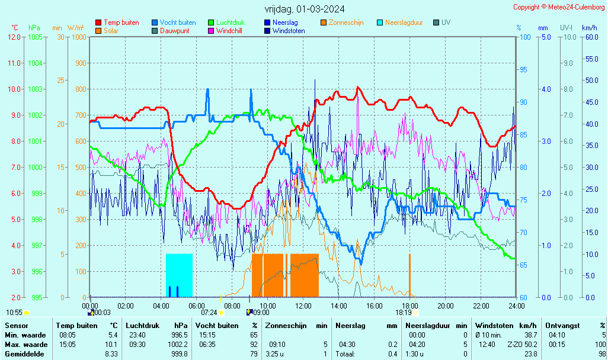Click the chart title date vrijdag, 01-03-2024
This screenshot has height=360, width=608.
click(305, 9)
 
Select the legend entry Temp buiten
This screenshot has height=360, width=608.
click(121, 22)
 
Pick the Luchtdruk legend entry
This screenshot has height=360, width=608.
click(226, 22)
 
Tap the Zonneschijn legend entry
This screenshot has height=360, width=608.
click(346, 22)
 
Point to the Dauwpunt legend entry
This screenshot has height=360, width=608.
click(174, 31)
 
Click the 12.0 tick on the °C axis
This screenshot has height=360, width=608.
click(14, 37)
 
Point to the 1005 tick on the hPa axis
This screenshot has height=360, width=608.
click(35, 37)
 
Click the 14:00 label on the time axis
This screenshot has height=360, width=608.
click(338, 306)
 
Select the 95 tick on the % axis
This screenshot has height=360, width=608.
click(523, 70)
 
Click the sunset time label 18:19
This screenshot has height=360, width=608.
click(404, 313)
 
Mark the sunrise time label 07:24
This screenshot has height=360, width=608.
click(209, 313)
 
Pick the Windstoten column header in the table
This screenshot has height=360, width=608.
click(494, 326)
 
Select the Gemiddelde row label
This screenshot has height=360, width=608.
click(24, 354)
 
